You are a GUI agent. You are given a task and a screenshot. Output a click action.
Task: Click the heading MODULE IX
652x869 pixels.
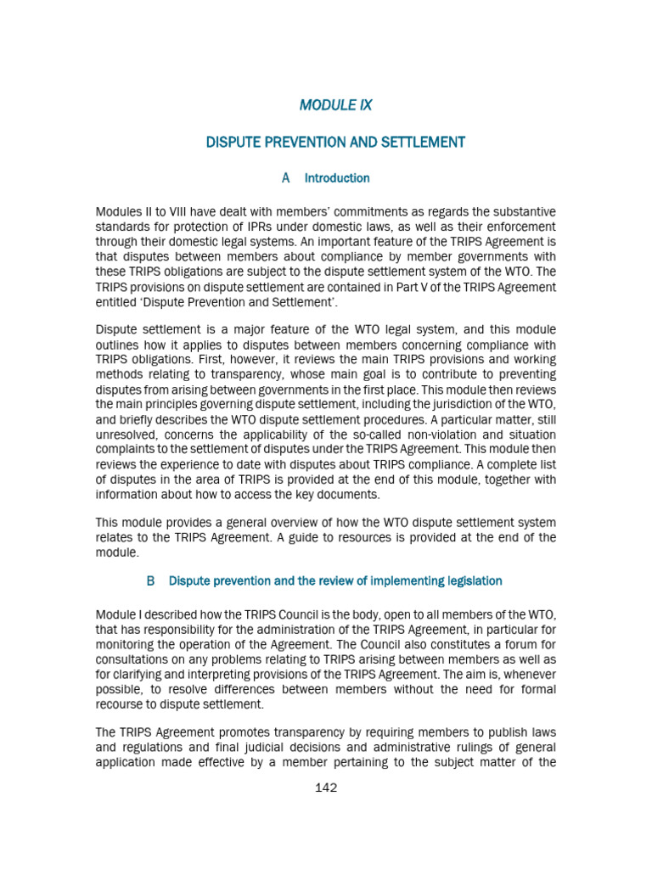[335, 105]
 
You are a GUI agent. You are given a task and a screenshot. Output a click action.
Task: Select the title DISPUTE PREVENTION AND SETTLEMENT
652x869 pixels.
[335, 142]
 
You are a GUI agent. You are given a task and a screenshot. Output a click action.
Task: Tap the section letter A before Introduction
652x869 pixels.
[285, 178]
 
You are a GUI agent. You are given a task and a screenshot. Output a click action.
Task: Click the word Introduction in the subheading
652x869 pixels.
[337, 178]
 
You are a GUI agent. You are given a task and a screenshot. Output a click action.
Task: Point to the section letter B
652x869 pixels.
[151, 581]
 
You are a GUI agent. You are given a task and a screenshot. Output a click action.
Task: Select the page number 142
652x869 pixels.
[326, 788]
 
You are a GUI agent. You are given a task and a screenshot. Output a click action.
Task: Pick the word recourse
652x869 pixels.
[122, 704]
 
